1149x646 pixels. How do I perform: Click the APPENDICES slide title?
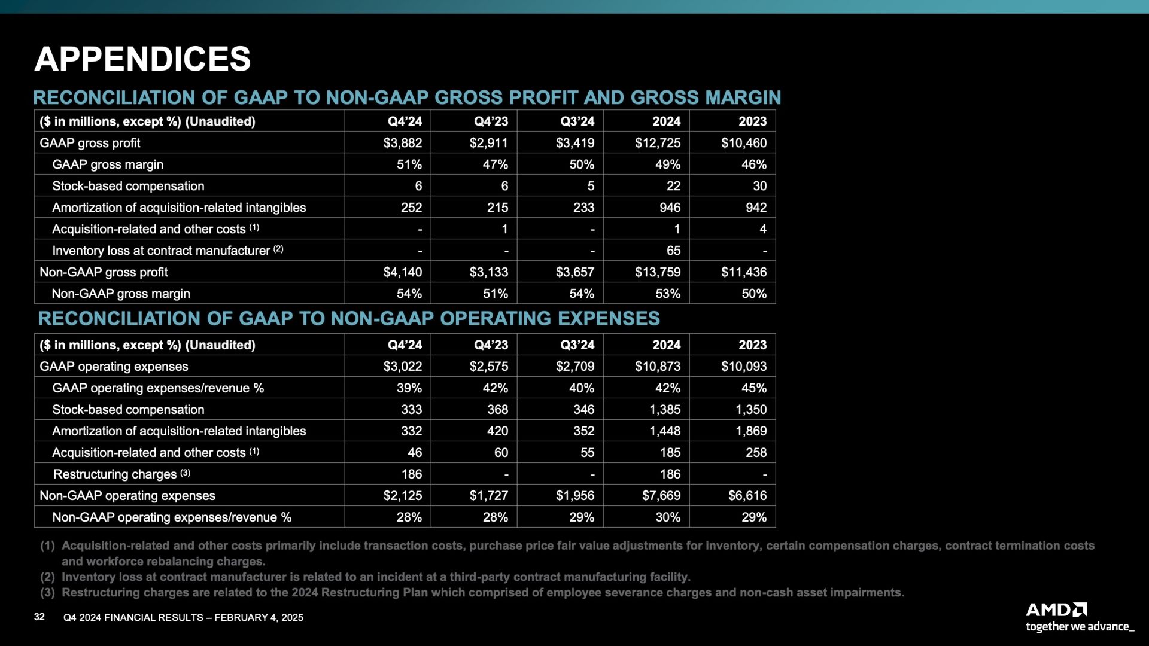pos(142,59)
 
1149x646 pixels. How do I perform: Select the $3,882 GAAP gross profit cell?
pos(403,143)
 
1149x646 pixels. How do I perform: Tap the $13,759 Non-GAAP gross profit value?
pos(658,272)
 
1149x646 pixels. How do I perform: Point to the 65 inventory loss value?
pos(674,251)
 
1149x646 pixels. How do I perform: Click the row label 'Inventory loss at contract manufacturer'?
pos(161,251)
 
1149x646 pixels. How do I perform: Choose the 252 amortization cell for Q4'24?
pos(412,208)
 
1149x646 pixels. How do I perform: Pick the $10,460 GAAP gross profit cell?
pos(744,143)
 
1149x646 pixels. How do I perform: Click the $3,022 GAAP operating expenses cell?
pos(403,367)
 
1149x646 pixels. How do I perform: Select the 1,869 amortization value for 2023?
pos(751,431)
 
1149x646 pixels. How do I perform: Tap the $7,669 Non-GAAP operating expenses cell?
pos(658,496)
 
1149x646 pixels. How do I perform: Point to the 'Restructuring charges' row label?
pos(115,474)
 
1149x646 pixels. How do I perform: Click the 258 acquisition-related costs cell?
pos(756,453)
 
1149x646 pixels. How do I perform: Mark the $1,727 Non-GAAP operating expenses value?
pos(489,496)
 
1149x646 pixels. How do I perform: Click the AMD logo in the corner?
pos(1057,610)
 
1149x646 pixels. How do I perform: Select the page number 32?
pos(39,617)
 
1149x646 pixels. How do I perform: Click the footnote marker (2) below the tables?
pos(47,577)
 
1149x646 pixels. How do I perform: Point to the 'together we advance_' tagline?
pos(1080,627)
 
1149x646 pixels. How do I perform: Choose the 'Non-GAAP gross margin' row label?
pos(121,294)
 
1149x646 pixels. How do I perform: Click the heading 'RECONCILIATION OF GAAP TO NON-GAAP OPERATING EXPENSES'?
pos(349,318)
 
